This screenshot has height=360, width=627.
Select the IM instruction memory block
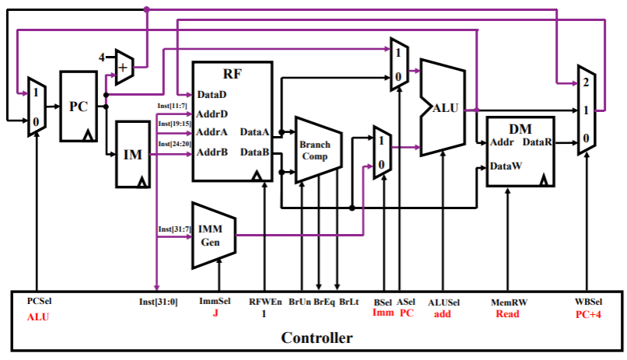(x=133, y=154)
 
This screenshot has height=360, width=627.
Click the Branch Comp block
(x=315, y=150)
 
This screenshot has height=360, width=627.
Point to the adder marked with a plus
(x=124, y=67)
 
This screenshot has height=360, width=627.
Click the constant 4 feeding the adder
(x=101, y=58)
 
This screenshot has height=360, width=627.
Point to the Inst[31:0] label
(x=157, y=302)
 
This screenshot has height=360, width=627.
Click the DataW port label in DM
(x=506, y=166)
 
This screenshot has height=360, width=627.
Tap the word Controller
(x=317, y=338)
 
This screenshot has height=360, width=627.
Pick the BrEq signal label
(x=324, y=302)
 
